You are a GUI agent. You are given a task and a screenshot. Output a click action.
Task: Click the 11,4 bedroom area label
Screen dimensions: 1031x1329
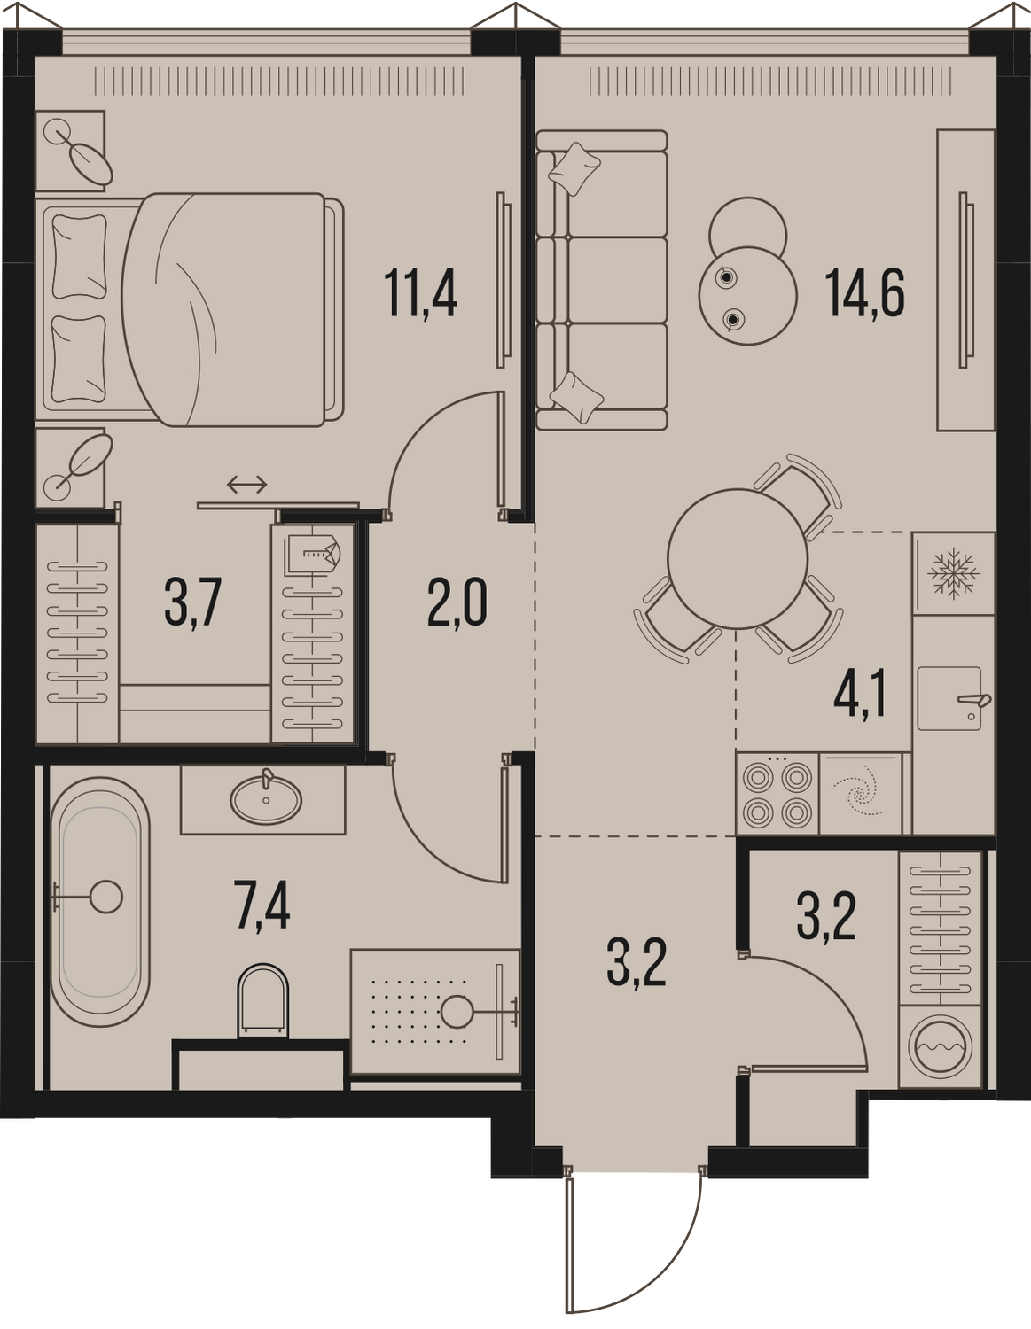click(x=420, y=294)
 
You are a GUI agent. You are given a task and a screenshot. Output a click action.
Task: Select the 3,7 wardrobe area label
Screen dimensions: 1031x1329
click(x=192, y=603)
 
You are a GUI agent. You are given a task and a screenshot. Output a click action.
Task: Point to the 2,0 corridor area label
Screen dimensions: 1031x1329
click(x=457, y=603)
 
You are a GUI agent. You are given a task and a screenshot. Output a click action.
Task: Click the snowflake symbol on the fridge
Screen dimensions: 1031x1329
click(x=953, y=573)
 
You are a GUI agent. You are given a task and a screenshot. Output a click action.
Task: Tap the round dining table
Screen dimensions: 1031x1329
click(x=738, y=558)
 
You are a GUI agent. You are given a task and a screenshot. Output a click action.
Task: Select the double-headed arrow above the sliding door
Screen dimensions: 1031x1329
click(x=247, y=485)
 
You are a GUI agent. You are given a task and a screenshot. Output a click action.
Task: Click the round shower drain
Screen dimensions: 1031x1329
click(x=457, y=1012)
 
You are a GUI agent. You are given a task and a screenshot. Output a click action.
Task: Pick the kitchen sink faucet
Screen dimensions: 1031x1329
click(x=975, y=701)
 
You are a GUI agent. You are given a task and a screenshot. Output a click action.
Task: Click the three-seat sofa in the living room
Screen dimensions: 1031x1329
click(x=601, y=279)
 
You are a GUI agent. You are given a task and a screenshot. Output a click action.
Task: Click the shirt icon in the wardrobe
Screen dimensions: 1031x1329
click(x=313, y=554)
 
